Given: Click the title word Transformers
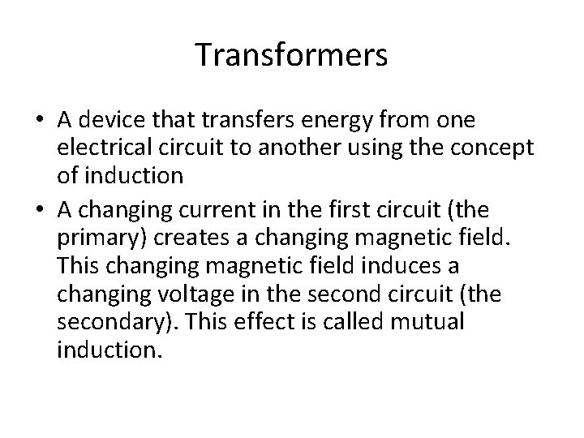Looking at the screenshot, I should (292, 56).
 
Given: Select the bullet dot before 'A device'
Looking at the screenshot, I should (39, 121).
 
